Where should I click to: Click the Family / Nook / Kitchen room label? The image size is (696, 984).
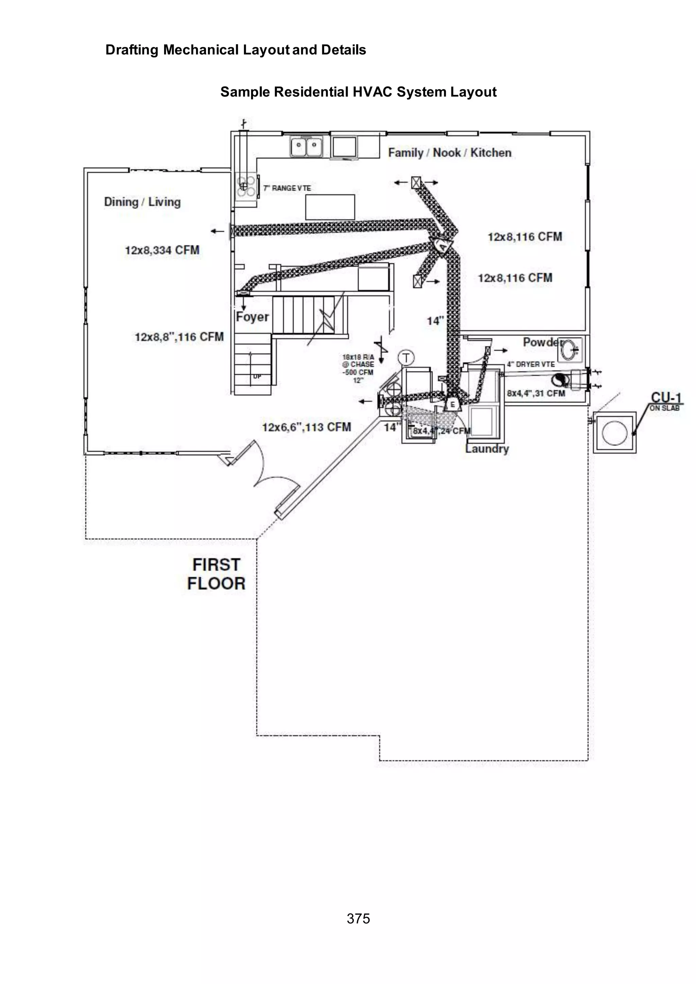450,153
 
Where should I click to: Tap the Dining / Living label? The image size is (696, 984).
142,202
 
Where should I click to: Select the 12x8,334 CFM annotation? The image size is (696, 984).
162,250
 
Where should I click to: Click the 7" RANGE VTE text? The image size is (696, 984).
287,188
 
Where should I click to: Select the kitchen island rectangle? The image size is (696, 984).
330,207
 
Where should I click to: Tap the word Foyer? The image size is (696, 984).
252,317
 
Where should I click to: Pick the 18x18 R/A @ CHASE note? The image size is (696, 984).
358,368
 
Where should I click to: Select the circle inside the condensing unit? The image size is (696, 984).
614,432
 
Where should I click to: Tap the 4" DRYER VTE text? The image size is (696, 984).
530,364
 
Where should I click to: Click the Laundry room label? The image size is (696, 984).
487,449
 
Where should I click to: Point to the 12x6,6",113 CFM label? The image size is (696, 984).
307,427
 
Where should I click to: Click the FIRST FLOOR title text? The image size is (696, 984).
216,574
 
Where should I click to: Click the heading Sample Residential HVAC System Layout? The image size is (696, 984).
358,92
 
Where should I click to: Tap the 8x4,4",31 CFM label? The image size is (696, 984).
536,393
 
